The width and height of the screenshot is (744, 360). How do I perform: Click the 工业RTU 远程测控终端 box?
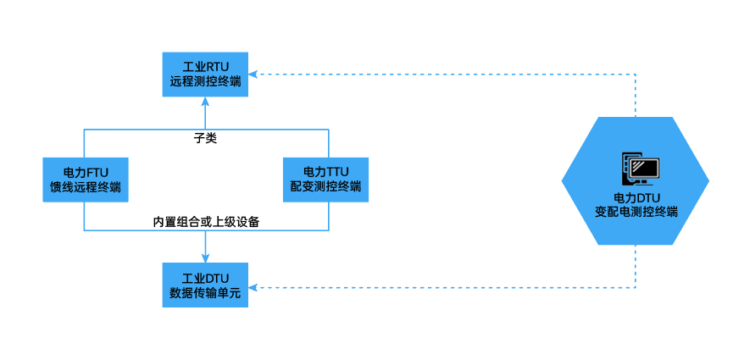(x=205, y=74)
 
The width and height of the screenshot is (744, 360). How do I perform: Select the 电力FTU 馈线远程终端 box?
(x=84, y=179)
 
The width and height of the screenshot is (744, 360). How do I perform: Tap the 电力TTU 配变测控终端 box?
(x=326, y=179)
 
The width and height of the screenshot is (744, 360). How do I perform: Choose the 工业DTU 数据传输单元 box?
(x=205, y=285)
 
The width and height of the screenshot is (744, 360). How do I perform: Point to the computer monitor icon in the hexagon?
(x=641, y=169)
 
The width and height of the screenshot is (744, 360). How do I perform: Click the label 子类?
(x=205, y=137)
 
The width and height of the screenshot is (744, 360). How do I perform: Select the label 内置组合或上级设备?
(x=205, y=222)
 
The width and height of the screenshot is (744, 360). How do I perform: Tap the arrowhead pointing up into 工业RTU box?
(x=205, y=100)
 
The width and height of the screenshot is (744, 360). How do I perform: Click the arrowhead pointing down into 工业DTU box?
(x=205, y=258)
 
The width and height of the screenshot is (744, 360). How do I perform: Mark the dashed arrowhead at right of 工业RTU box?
(x=253, y=74)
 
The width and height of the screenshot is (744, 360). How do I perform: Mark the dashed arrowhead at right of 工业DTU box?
(x=253, y=287)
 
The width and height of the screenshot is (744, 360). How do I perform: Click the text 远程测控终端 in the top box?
(x=205, y=82)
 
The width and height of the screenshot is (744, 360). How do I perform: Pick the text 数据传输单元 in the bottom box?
(x=205, y=293)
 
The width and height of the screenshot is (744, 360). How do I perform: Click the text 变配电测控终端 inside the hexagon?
(x=636, y=211)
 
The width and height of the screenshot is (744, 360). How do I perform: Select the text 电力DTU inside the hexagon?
(x=636, y=197)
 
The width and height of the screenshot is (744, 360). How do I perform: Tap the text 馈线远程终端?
(x=84, y=186)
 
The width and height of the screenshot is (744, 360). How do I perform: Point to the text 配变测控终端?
(x=326, y=186)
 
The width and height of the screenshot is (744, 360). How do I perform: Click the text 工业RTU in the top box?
(x=205, y=66)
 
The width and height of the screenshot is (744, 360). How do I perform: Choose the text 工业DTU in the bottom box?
(x=205, y=278)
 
